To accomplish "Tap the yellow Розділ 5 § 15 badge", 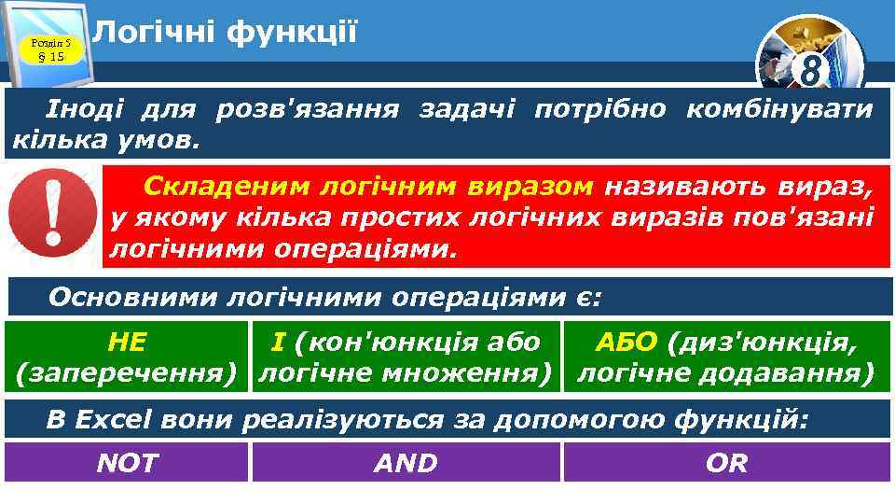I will [46, 49].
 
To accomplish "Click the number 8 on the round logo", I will [813, 70].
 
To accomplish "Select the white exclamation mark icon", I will [51, 216].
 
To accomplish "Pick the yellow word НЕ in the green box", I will [127, 343].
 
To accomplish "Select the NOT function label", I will [127, 463].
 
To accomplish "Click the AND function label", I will [406, 463].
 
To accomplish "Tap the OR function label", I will [727, 463].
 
